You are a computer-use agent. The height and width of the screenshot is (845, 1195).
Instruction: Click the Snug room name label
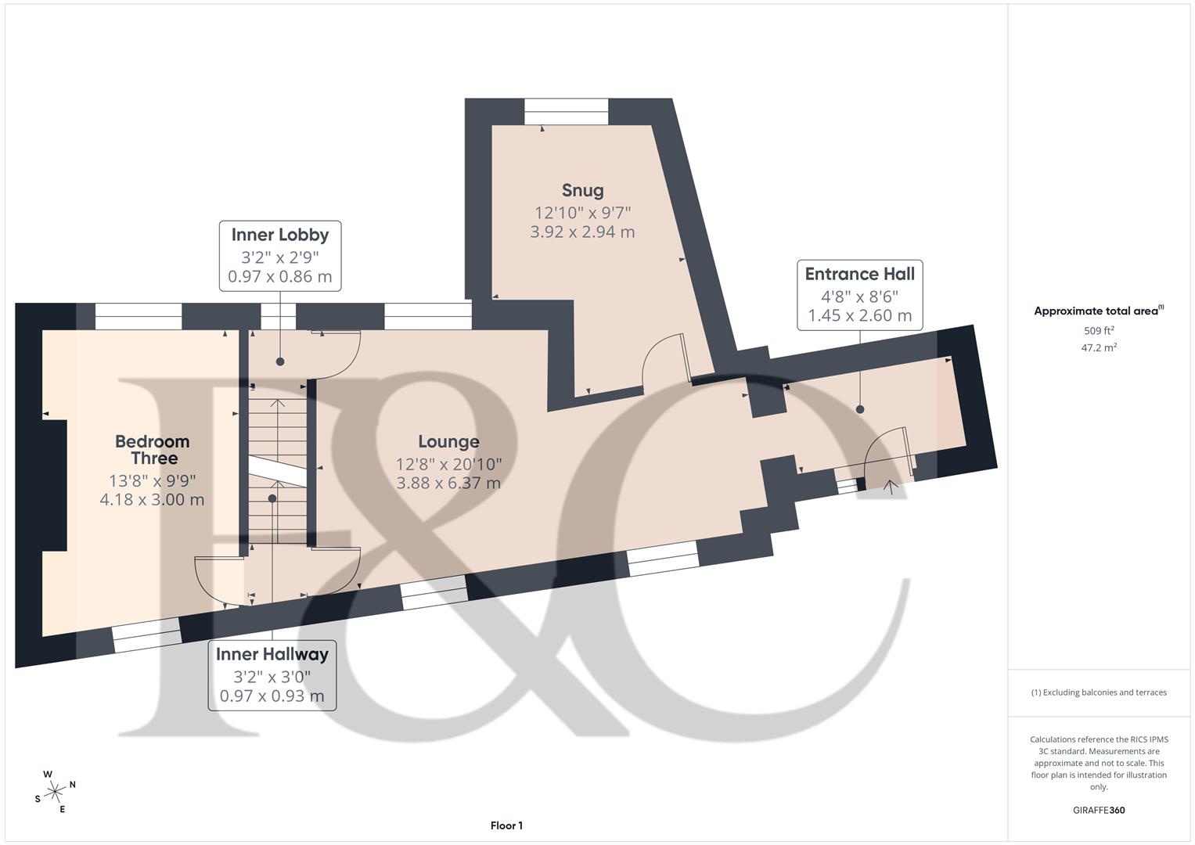(x=582, y=190)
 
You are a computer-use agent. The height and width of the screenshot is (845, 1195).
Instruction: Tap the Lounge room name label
(x=448, y=442)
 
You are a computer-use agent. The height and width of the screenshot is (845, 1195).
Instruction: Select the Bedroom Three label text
(x=153, y=450)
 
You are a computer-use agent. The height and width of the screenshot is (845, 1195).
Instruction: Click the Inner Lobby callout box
(x=280, y=256)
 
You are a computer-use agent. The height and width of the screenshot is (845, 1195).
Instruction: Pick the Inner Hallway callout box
(x=272, y=675)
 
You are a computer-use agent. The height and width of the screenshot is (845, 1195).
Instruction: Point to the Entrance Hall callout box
(x=859, y=295)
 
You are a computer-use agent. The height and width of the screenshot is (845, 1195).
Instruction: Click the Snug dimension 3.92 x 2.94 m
(x=582, y=232)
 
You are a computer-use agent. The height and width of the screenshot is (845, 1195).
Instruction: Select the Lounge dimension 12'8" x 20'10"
(x=448, y=464)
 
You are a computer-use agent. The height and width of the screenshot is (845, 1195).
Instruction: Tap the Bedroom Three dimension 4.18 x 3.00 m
(x=152, y=500)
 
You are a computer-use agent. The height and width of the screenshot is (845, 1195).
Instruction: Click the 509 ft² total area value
(x=1099, y=331)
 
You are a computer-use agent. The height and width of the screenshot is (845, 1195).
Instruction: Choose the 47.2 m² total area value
(x=1099, y=348)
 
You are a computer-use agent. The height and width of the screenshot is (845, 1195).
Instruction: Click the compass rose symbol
(x=55, y=792)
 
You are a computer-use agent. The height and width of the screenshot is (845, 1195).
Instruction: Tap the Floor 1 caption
(x=506, y=825)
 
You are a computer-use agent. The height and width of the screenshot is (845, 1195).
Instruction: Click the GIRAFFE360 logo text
(x=1099, y=811)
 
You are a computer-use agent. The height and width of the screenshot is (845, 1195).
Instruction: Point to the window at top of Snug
(x=566, y=111)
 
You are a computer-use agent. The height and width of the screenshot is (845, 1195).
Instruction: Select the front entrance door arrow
(x=890, y=487)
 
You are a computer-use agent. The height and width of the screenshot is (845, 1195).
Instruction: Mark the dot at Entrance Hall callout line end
(x=860, y=410)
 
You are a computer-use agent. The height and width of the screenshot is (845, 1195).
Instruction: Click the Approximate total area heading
(x=1099, y=311)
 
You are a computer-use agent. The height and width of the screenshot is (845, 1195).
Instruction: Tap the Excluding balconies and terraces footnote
(x=1099, y=692)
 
